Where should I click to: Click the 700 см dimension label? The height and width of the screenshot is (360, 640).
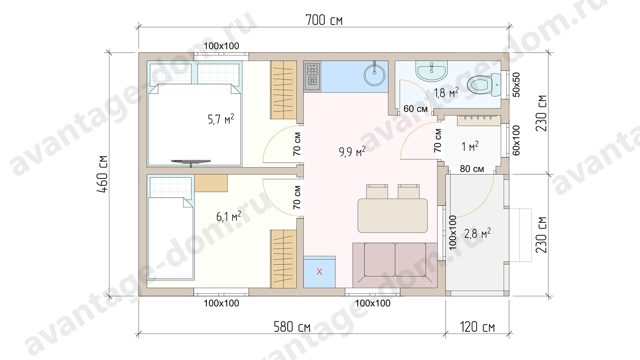(x=324, y=20)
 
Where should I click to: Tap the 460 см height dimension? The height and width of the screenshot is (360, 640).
(x=102, y=174)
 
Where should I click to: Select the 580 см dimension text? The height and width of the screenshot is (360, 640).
(x=292, y=327)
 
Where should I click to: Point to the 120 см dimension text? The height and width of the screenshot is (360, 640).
(x=477, y=327)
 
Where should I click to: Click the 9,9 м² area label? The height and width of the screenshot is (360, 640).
(x=352, y=152)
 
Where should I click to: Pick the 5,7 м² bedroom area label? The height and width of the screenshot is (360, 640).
(x=221, y=119)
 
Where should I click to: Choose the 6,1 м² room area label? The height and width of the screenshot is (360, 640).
(x=228, y=216)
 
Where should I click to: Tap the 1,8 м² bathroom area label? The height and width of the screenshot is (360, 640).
(x=446, y=93)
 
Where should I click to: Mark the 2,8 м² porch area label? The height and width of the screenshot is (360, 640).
(x=477, y=233)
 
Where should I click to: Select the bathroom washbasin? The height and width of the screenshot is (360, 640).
(x=432, y=71)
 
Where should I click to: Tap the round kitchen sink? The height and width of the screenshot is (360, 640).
(x=374, y=75)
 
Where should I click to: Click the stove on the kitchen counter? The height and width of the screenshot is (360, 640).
(x=312, y=76)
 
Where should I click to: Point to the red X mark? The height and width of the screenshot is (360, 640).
(x=319, y=272)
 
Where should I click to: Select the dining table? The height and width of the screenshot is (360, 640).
(x=393, y=216)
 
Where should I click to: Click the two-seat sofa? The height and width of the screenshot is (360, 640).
(x=395, y=265)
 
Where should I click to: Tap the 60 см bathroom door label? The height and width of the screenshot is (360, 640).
(x=415, y=109)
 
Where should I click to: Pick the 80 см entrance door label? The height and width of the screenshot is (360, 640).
(x=472, y=169)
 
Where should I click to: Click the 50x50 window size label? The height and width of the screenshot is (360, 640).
(x=516, y=85)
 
